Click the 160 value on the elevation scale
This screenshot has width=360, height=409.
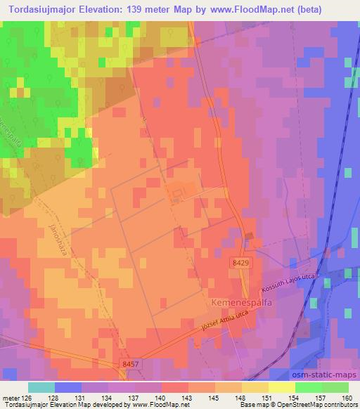(x=347, y=398)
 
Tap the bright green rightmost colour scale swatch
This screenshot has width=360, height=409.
(x=335, y=387)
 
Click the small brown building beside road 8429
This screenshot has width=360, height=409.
(x=247, y=236)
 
